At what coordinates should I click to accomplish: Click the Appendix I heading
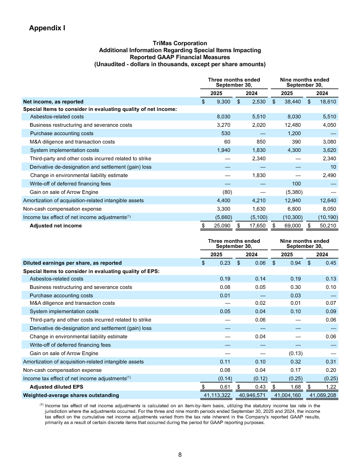click(47, 28)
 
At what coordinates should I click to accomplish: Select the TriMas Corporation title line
click(180, 43)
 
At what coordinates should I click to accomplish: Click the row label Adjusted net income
click(55, 226)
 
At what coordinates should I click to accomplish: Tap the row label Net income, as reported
click(53, 101)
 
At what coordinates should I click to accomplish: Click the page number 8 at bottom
click(180, 454)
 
